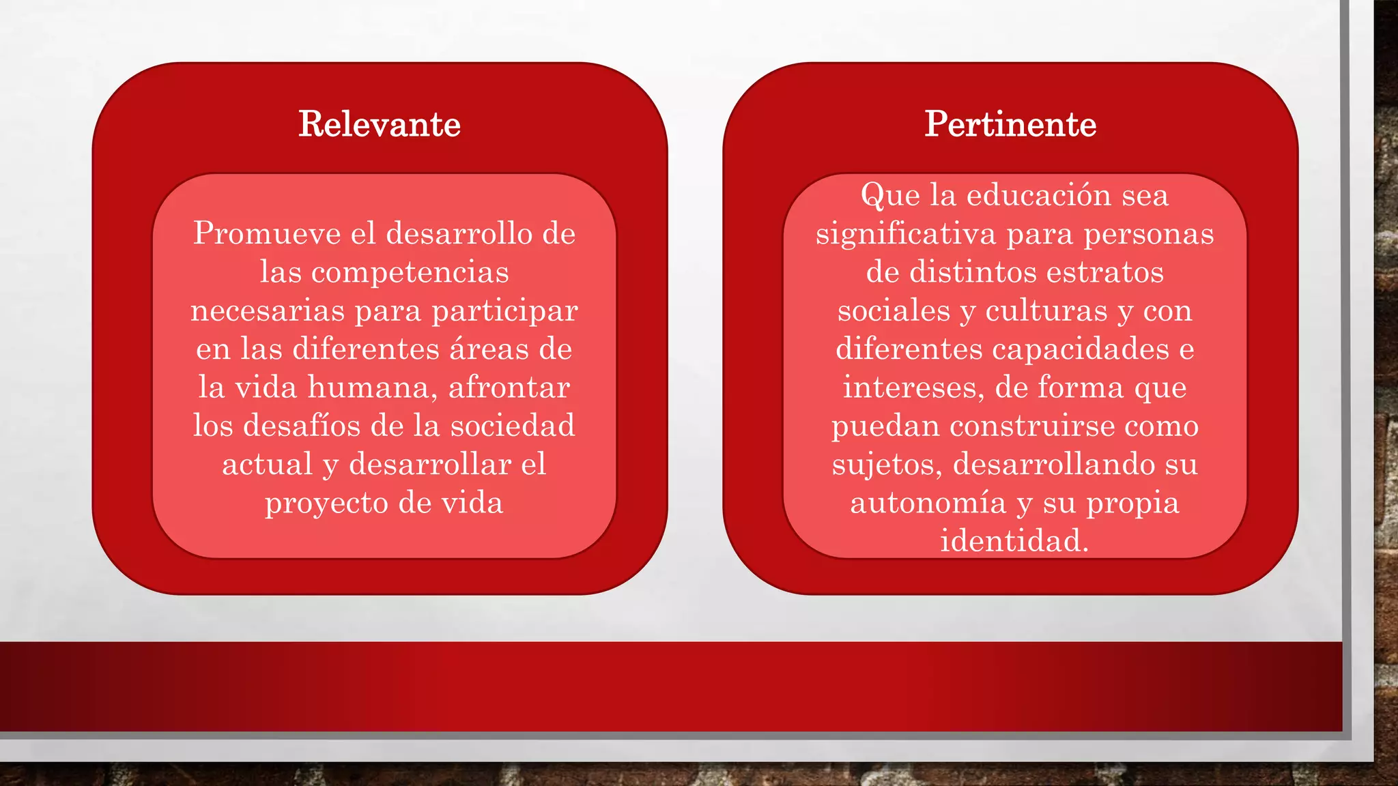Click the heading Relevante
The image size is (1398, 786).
click(380, 124)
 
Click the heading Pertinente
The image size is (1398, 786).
click(1010, 124)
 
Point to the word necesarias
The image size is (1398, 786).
click(268, 311)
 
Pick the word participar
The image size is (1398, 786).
click(505, 311)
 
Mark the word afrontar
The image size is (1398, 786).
click(509, 388)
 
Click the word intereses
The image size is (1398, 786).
click(913, 388)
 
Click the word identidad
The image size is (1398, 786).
click(1014, 541)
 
